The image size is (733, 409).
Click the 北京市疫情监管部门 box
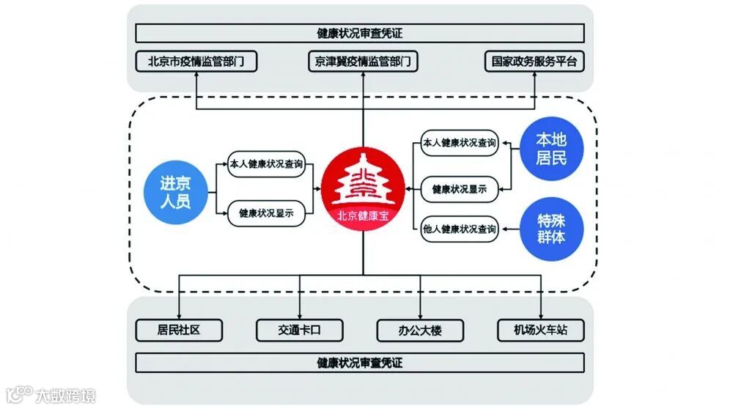[196, 62]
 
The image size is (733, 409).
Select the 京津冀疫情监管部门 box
[364, 62]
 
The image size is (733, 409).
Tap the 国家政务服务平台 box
[535, 62]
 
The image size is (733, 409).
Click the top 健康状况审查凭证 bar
[360, 33]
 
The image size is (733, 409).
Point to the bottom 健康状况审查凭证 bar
[360, 363]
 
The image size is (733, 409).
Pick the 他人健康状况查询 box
[460, 229]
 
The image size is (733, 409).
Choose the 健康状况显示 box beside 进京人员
[266, 214]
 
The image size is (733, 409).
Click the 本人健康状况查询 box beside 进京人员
[266, 163]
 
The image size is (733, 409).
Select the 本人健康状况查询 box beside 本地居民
[460, 143]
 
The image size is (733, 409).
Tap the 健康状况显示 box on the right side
[460, 189]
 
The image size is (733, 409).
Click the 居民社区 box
[179, 330]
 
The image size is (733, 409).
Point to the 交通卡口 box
[300, 330]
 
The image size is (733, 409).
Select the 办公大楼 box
[421, 330]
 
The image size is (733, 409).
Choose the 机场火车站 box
[541, 330]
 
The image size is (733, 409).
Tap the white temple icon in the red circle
[363, 183]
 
